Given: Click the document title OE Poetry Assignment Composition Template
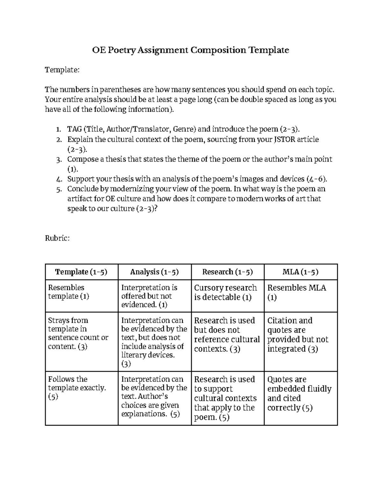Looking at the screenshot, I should [x=190, y=50].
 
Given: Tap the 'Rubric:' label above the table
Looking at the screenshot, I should [x=57, y=238].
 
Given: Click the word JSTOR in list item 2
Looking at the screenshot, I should [x=285, y=139].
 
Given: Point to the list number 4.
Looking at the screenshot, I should [x=59, y=179].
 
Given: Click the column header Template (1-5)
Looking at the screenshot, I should [x=81, y=272].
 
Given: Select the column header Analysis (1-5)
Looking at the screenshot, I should [x=154, y=272].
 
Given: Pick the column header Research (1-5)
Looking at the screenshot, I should [x=227, y=272].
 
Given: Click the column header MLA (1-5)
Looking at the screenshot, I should [x=301, y=272].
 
